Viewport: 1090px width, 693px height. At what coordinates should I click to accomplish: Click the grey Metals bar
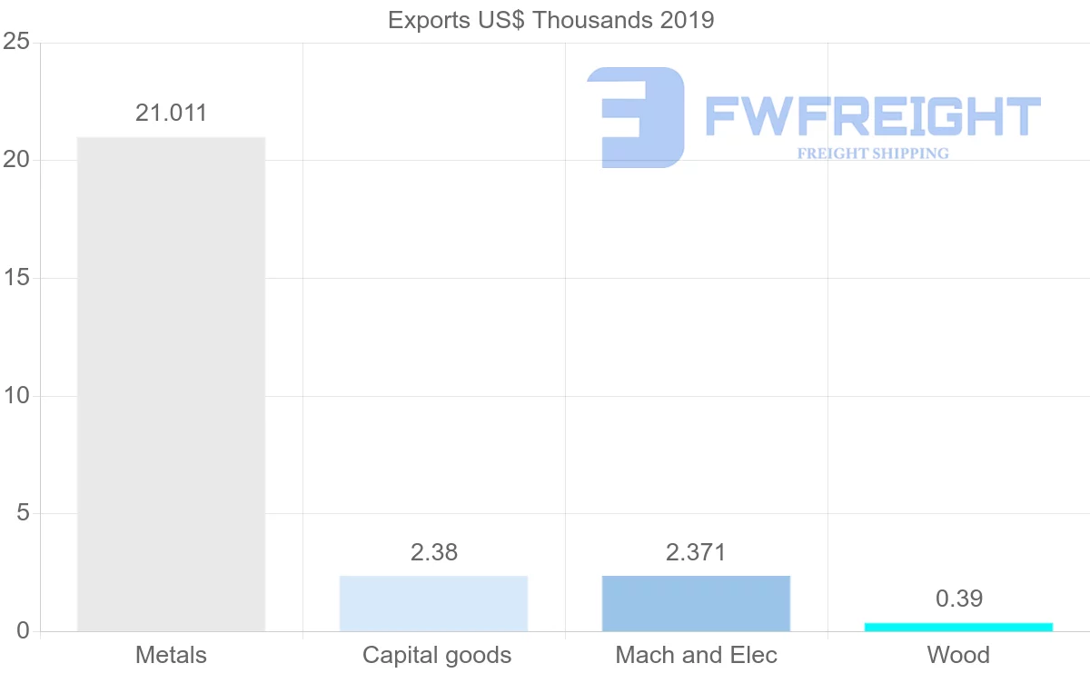tap(171, 383)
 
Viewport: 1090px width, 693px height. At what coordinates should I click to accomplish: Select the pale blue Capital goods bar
tap(433, 603)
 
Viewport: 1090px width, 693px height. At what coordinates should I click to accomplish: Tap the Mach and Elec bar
tap(696, 603)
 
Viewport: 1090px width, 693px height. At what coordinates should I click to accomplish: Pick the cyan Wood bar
tap(958, 627)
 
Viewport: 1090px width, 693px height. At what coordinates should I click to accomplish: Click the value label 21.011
tap(171, 114)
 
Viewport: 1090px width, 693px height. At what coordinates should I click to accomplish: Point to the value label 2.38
tap(433, 552)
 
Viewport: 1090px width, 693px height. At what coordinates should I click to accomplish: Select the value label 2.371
tap(696, 552)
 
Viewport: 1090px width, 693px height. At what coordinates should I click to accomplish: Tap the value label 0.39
tap(958, 599)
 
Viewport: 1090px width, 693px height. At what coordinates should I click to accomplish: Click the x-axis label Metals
tap(171, 655)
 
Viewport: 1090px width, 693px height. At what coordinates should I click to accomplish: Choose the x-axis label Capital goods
tap(437, 655)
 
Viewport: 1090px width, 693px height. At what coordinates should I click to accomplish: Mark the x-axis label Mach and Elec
tap(696, 655)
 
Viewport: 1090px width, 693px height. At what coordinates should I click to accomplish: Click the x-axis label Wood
tap(958, 655)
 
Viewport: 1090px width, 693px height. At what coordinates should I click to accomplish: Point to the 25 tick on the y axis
tap(16, 43)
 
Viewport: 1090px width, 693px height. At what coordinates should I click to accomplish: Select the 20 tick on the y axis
tap(16, 161)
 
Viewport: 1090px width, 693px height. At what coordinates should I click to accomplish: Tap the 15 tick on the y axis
tap(16, 278)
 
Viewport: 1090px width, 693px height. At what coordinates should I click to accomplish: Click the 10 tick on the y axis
tap(16, 396)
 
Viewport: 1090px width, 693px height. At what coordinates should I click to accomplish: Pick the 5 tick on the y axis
tap(22, 514)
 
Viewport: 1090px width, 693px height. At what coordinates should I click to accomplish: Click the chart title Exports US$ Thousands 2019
tap(550, 20)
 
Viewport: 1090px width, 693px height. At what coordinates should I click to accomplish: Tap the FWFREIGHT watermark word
tap(872, 117)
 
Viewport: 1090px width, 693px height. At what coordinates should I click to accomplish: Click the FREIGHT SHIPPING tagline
tap(872, 153)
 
